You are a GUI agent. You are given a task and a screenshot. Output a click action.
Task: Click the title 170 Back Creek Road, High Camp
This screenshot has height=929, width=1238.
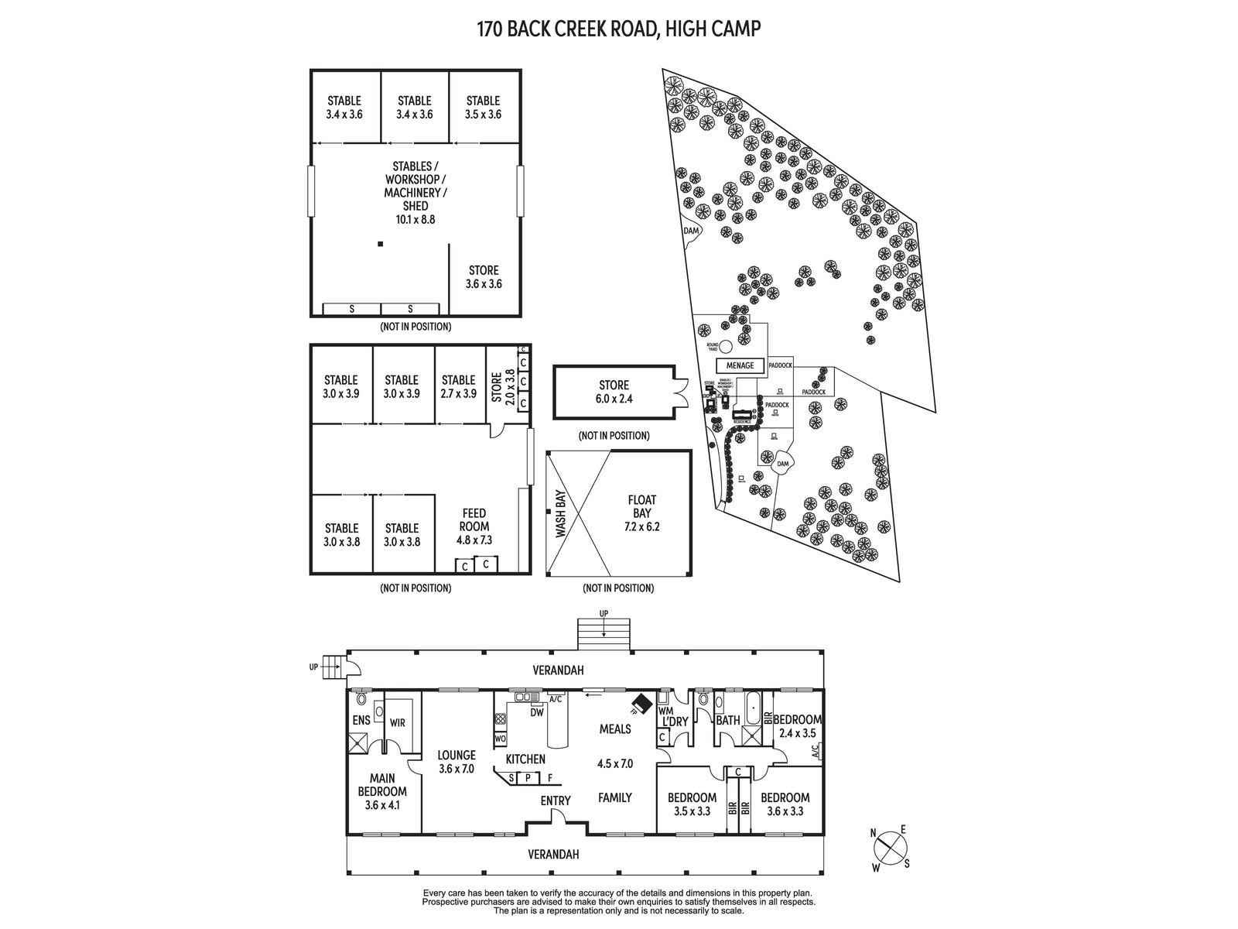coord(619,29)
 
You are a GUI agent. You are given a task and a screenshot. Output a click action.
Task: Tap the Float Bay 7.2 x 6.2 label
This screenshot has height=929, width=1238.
coord(641,514)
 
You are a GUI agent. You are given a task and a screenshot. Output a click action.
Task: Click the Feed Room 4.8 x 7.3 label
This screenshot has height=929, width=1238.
coord(474,526)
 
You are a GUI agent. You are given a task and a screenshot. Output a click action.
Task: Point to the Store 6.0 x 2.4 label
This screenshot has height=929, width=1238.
coord(614,392)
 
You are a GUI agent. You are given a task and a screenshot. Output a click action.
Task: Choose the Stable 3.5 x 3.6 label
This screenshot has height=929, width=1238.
coord(483,107)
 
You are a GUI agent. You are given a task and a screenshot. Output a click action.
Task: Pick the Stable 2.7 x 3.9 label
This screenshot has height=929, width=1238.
coord(458,386)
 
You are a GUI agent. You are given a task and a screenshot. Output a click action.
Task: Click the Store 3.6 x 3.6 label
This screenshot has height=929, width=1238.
coord(484,277)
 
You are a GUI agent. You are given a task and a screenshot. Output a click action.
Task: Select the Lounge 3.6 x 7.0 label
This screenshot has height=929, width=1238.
coord(456,762)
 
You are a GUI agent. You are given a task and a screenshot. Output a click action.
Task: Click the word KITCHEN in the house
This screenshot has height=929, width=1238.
coord(525,759)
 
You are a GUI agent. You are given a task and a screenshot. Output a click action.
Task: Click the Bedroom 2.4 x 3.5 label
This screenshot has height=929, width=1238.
coord(797,726)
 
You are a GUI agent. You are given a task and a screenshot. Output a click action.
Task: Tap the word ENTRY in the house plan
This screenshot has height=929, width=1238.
coord(556,800)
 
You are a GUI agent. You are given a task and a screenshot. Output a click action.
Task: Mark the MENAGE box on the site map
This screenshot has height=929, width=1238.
coord(740,365)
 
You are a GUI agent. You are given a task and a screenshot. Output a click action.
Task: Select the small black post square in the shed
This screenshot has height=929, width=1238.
coord(380,245)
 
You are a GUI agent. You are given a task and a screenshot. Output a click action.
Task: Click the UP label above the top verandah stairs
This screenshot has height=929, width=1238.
coord(604,614)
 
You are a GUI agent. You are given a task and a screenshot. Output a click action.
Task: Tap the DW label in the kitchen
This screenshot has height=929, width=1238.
coord(536,712)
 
